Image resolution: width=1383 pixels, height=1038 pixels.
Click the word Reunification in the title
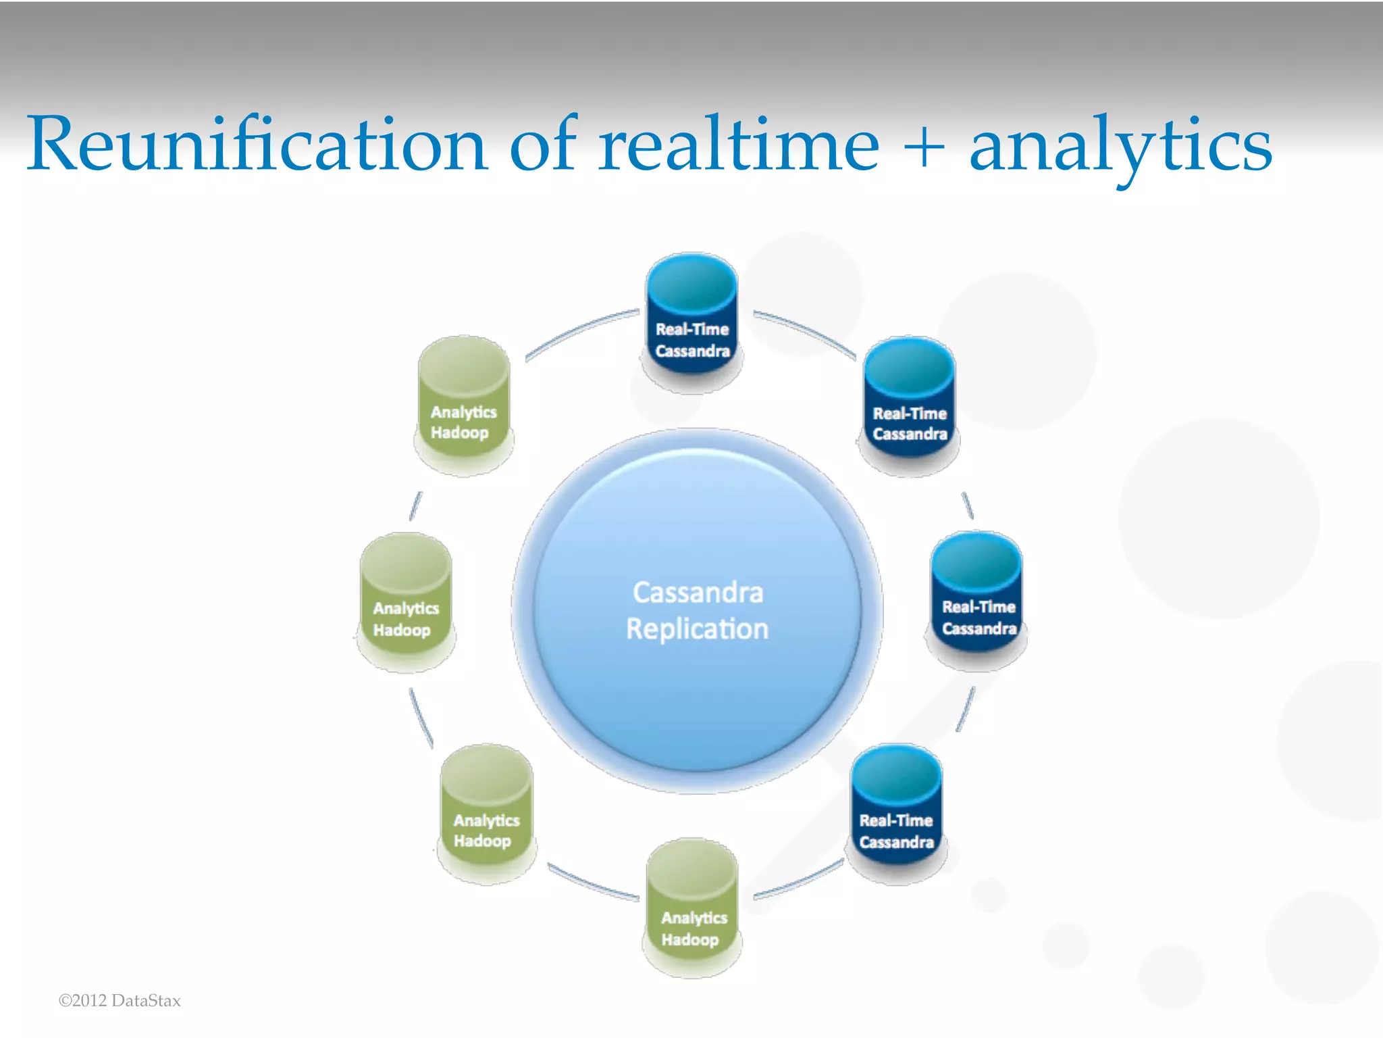point(257,144)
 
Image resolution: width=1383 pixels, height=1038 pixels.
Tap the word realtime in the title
point(739,144)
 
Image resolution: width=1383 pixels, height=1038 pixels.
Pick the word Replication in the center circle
point(697,629)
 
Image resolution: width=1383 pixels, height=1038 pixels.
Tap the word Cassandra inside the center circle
point(698,593)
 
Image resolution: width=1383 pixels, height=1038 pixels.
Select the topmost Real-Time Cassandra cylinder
point(692,321)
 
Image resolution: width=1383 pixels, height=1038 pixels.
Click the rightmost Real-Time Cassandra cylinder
point(976,598)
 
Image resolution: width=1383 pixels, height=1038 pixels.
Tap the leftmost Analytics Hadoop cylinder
point(406,601)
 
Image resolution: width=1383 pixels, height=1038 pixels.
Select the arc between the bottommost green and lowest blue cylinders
point(800,881)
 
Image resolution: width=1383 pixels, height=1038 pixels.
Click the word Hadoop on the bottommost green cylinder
point(690,940)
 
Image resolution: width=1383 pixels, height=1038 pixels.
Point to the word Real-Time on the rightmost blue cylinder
point(978,607)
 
